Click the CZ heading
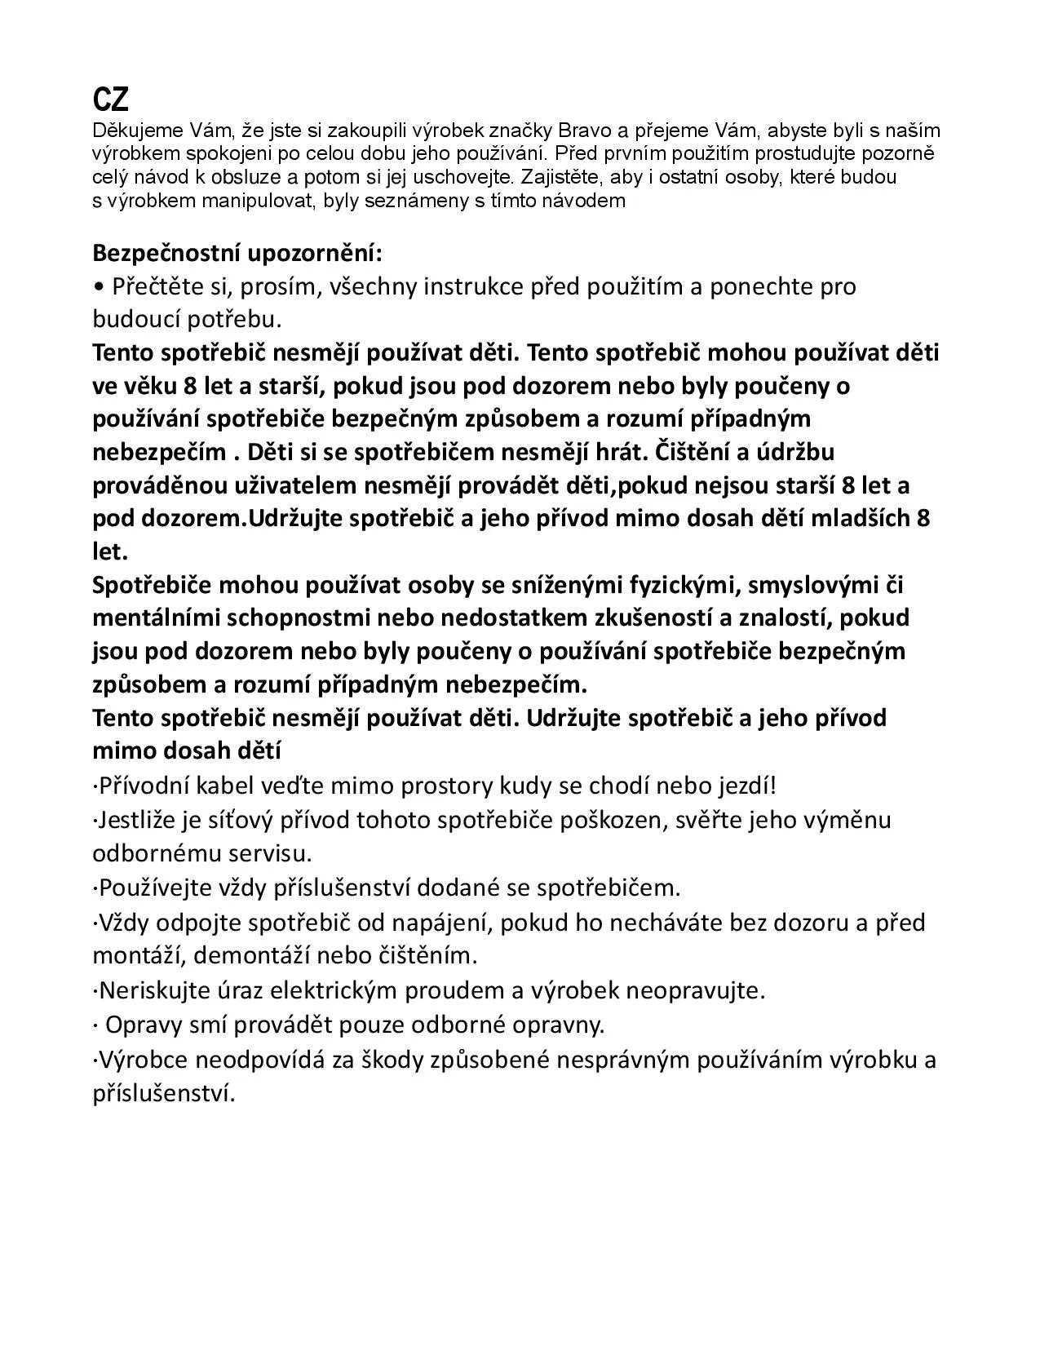click(110, 100)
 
